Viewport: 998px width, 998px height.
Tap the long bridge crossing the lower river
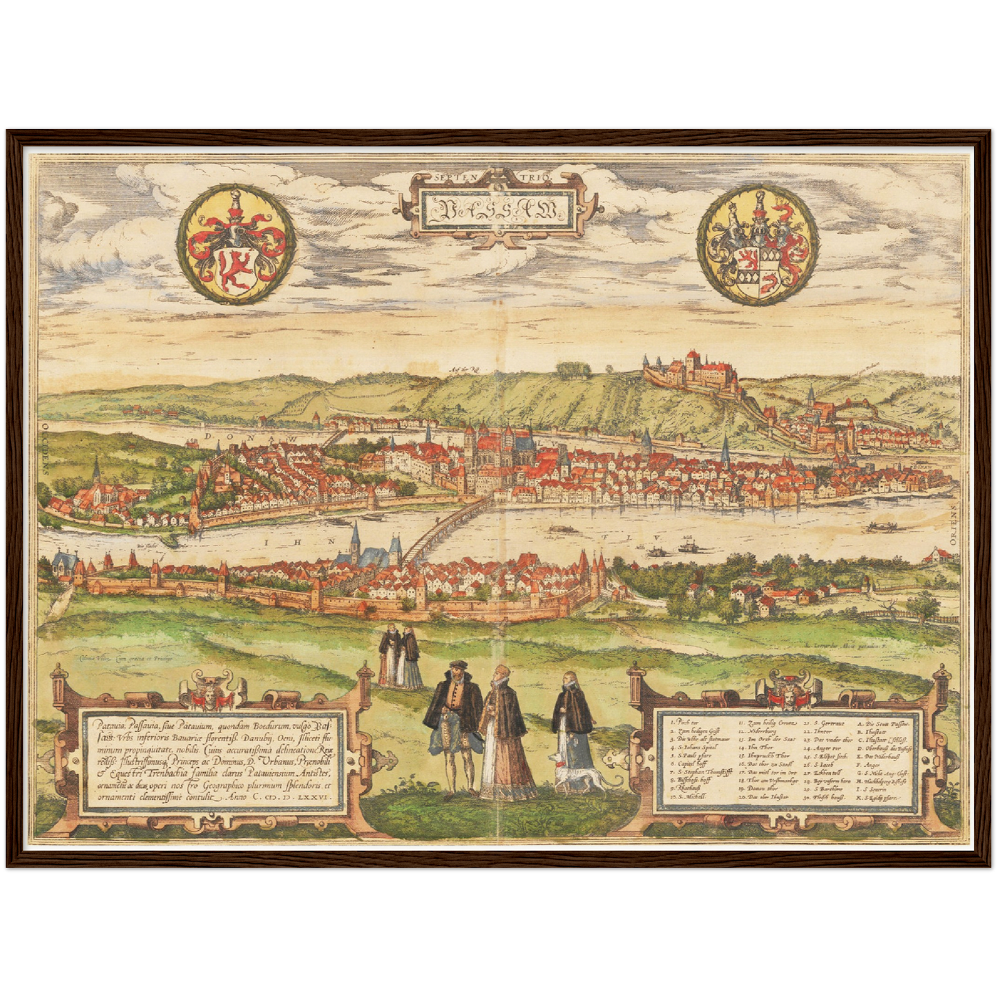(x=442, y=529)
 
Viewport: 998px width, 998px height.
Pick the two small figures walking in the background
(x=401, y=658)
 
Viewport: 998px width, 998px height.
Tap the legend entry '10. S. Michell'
(x=687, y=797)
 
